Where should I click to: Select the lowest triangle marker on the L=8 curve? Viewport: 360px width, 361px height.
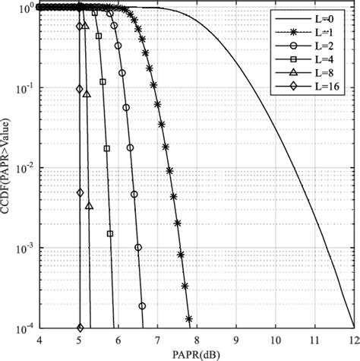click(90, 206)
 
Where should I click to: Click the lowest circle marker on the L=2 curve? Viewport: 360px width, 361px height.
click(142, 306)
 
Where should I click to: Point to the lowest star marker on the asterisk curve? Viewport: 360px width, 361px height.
click(189, 319)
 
